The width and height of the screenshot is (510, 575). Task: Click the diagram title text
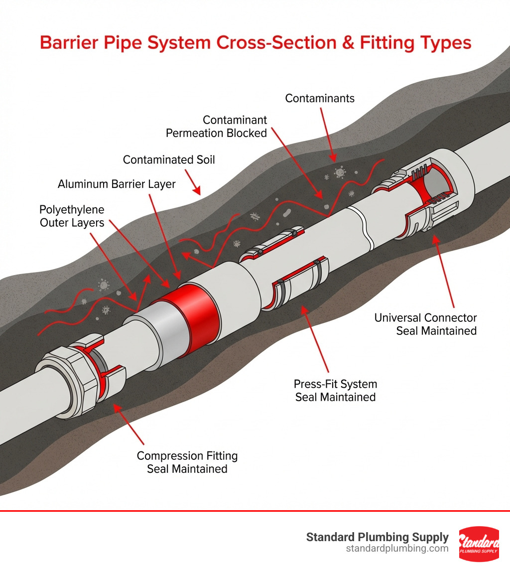(255, 42)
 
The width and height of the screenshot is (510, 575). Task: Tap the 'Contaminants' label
(320, 98)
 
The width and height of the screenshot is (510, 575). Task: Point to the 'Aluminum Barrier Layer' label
(117, 184)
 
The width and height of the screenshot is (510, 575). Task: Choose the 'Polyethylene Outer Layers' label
(72, 215)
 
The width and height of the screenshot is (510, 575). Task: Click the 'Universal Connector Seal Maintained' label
(426, 324)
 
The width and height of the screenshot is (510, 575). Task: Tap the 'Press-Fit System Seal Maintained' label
(335, 390)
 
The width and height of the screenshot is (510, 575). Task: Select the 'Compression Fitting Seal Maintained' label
(187, 462)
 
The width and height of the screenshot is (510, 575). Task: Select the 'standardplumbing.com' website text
(397, 549)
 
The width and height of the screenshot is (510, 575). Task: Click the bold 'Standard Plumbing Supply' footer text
(377, 537)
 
